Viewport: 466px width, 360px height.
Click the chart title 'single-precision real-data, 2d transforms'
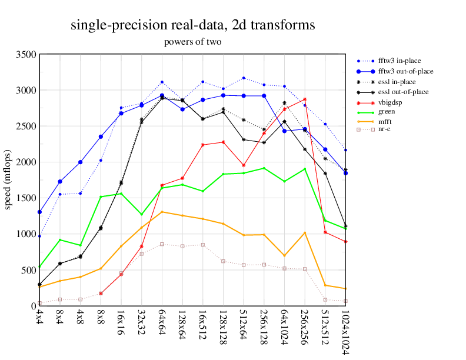(192, 25)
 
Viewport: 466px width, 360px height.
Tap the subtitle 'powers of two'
(192, 42)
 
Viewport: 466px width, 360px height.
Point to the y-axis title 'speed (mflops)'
(8, 179)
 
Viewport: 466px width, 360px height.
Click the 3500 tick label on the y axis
(26, 54)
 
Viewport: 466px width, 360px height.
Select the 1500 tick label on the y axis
(26, 198)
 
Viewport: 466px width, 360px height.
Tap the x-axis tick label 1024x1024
(345, 332)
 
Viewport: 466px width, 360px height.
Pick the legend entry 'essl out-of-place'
(403, 92)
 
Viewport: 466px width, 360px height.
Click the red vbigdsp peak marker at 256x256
(305, 99)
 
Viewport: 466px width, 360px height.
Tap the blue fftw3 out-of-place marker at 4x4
(39, 212)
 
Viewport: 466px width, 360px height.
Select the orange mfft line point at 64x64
(162, 212)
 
